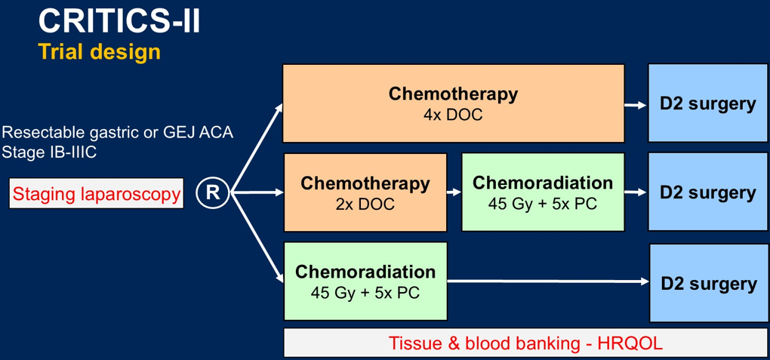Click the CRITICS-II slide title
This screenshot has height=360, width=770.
coord(119,21)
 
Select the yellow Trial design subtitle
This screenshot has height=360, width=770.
coord(100,52)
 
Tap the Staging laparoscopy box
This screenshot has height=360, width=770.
coord(97,194)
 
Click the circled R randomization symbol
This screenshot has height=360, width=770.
coord(213,193)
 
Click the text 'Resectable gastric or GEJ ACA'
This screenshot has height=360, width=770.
coord(118,133)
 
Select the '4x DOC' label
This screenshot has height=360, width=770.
coord(453,115)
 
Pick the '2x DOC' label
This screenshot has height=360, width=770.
coord(365,205)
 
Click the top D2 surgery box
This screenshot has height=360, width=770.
coord(707,103)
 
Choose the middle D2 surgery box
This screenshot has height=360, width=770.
coord(707,192)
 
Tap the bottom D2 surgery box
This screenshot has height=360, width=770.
coord(708,284)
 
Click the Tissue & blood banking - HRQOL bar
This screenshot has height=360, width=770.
coord(525,343)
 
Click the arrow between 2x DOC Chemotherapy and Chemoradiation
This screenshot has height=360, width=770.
coord(454,192)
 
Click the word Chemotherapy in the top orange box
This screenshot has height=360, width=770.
coord(453,94)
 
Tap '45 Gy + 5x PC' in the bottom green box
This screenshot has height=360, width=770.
coord(365,292)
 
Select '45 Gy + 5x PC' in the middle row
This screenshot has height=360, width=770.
coord(543,205)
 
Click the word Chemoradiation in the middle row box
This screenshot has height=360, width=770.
coord(543,183)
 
